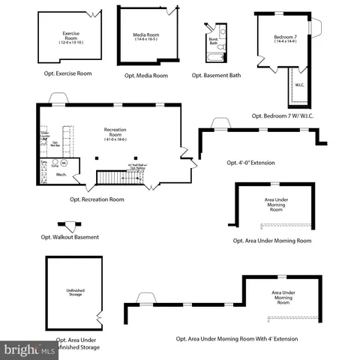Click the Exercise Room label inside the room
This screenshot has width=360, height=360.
(71, 37)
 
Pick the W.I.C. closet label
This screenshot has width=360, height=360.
(299, 85)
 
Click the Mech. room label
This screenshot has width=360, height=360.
(61, 175)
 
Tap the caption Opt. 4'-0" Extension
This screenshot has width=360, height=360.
(251, 162)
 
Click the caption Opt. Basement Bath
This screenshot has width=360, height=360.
(217, 75)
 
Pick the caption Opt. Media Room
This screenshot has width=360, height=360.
(145, 75)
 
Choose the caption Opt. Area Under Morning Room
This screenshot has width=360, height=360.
(272, 241)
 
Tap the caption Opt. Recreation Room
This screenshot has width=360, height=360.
(97, 199)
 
